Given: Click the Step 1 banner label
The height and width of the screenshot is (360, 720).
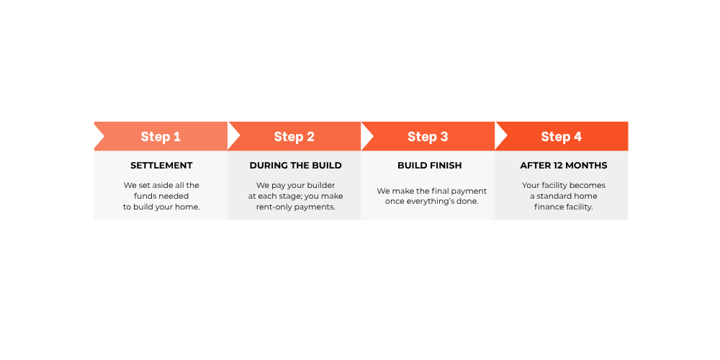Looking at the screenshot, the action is click(x=161, y=136).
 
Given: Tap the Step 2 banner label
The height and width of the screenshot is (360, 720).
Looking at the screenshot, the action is click(x=294, y=136).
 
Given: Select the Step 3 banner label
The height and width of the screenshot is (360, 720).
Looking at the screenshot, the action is click(x=428, y=136).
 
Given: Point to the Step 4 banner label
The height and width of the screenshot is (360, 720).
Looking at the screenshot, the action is click(x=561, y=136).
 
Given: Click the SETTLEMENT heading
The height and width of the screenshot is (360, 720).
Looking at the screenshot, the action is click(x=161, y=166).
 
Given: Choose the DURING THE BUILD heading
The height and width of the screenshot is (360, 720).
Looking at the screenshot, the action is click(x=296, y=166).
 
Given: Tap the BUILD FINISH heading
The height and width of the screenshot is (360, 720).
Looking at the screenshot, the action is click(x=430, y=166).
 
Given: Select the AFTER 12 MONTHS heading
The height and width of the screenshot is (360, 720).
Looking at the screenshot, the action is click(x=564, y=166).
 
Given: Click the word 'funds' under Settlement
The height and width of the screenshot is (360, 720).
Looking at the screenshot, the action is click(x=145, y=196).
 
